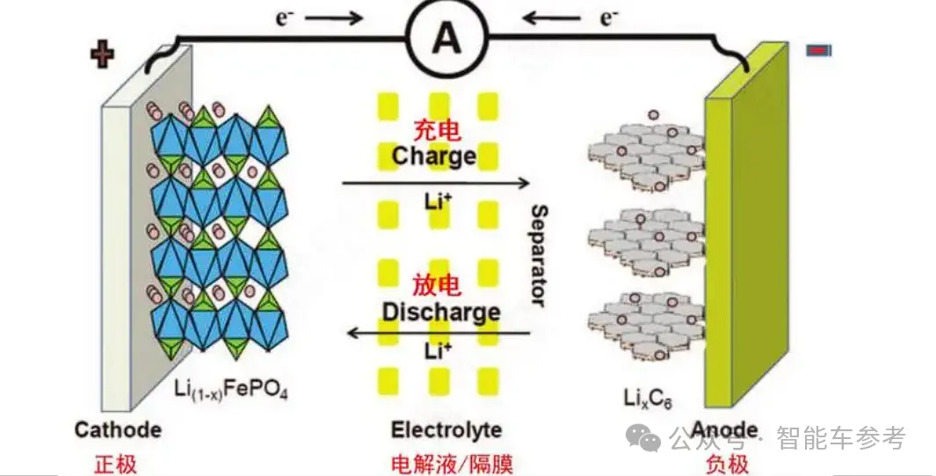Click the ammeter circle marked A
[447, 38]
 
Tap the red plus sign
[102, 55]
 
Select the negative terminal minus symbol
[818, 51]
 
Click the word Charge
[434, 156]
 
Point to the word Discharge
[441, 312]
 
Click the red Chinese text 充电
[437, 131]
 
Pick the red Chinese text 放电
[437, 285]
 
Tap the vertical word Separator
[539, 256]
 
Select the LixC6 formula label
[648, 398]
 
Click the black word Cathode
[118, 430]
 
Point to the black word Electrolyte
[446, 430]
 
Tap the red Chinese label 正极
[115, 464]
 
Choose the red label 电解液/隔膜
[452, 464]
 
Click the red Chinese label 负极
[727, 464]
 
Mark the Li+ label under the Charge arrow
[438, 201]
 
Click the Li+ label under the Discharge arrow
[438, 351]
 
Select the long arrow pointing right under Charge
[436, 183]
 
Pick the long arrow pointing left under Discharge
[439, 332]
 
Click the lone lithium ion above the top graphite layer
[654, 114]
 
